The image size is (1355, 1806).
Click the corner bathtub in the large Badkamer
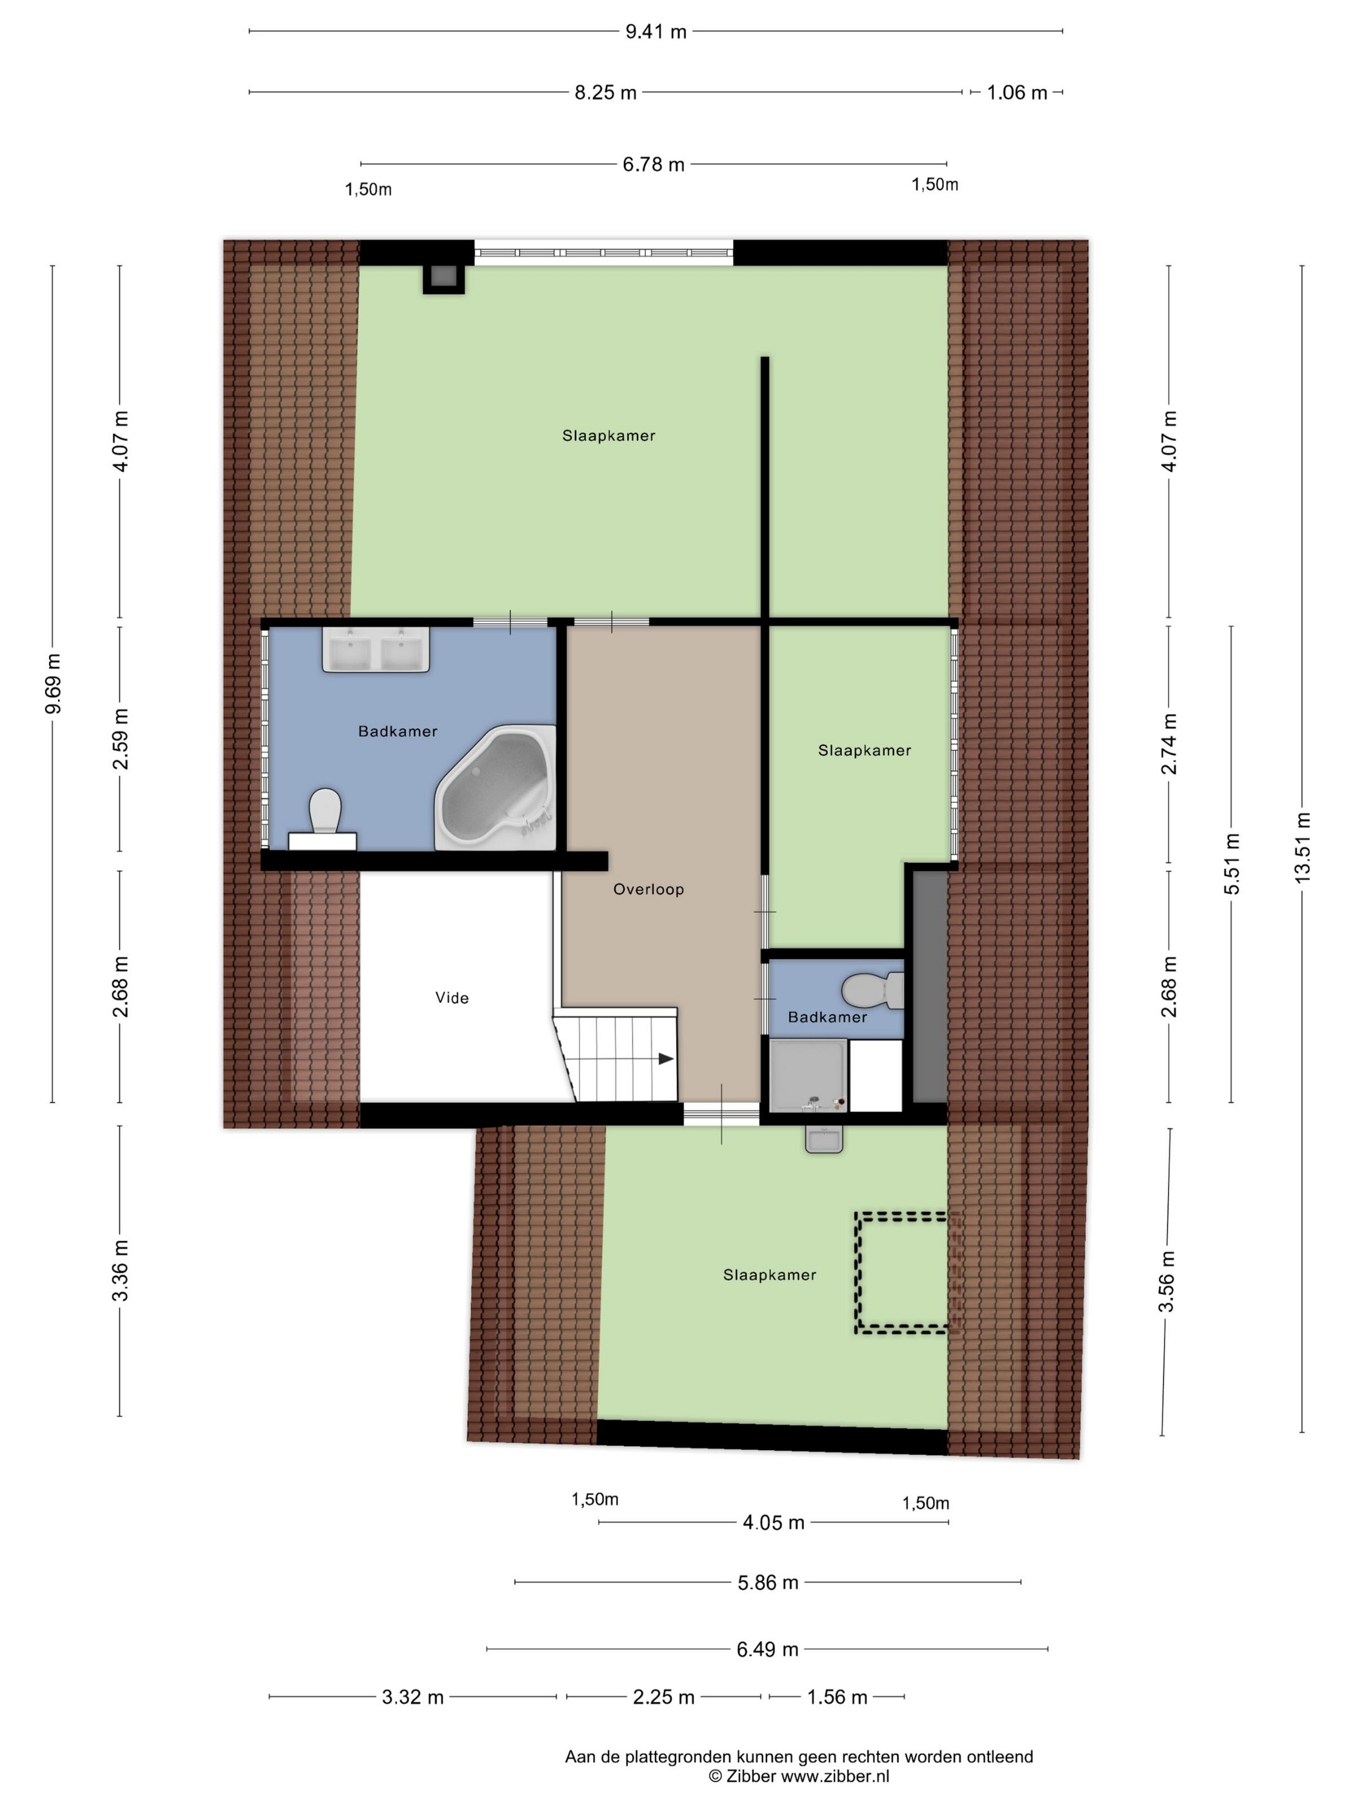(x=496, y=788)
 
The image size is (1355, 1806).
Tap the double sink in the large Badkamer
(x=376, y=650)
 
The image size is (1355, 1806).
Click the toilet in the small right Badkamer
(x=872, y=990)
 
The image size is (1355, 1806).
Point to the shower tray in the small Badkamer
(x=808, y=1075)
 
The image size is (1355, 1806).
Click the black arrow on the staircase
(x=666, y=1059)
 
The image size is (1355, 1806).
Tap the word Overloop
(x=648, y=889)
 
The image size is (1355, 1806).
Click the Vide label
(x=452, y=998)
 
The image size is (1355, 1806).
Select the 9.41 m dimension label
(x=656, y=32)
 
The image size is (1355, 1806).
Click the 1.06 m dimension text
(x=1017, y=92)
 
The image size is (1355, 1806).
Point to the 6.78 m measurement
(x=654, y=164)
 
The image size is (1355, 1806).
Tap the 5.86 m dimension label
(x=768, y=1582)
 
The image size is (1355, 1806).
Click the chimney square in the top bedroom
(x=443, y=279)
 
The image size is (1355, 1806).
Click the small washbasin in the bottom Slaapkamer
(x=824, y=1139)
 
